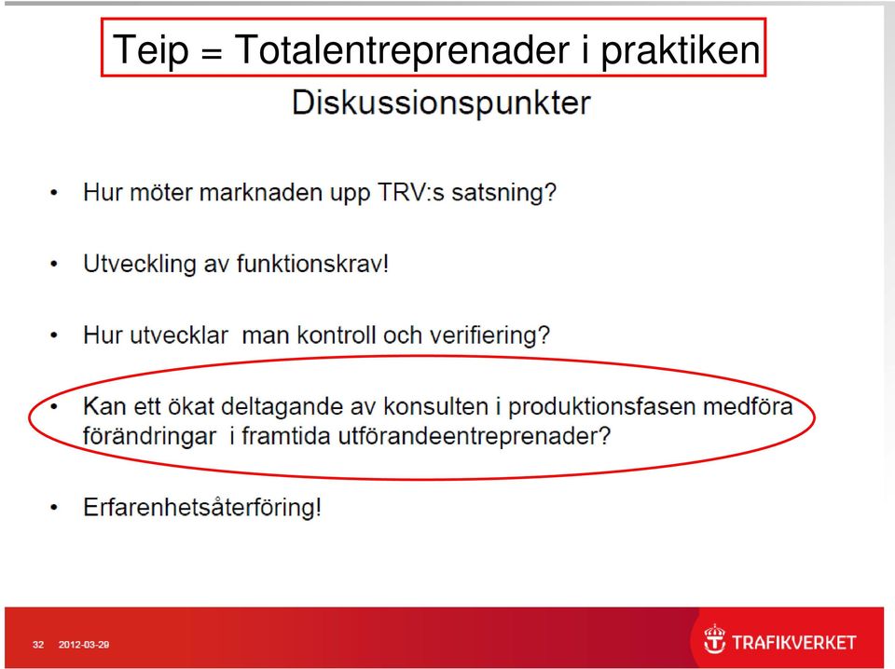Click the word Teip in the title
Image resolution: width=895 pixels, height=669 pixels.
151,50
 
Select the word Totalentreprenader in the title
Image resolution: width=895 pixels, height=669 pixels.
402,49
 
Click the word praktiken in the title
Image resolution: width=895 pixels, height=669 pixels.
681,50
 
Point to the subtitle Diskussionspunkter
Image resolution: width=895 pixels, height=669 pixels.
441,103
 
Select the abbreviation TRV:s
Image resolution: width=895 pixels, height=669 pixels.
411,192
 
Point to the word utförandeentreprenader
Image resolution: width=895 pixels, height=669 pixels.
475,436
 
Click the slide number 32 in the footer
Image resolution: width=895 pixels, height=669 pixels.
38,645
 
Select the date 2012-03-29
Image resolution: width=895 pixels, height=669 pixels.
83,645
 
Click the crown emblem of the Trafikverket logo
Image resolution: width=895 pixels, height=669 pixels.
714,639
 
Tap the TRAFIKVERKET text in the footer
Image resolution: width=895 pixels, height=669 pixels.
794,643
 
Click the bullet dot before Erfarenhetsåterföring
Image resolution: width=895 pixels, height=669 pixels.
54,507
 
